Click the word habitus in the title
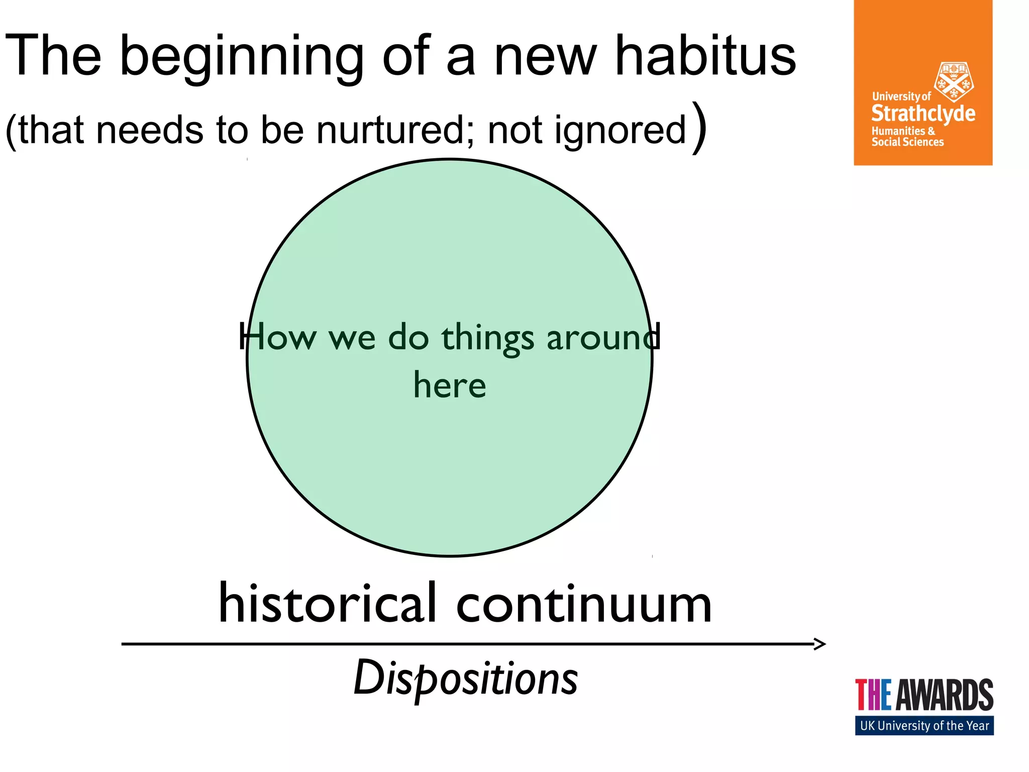(705, 55)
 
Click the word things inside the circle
(487, 338)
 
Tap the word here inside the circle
(450, 385)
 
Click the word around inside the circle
(603, 338)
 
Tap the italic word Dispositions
(466, 679)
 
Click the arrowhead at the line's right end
(819, 644)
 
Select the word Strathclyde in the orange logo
(923, 114)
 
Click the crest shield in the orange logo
(953, 81)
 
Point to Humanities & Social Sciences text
(907, 137)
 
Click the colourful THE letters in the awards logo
(873, 695)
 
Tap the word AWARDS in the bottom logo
(944, 695)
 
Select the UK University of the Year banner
(924, 726)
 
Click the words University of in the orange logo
(901, 96)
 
